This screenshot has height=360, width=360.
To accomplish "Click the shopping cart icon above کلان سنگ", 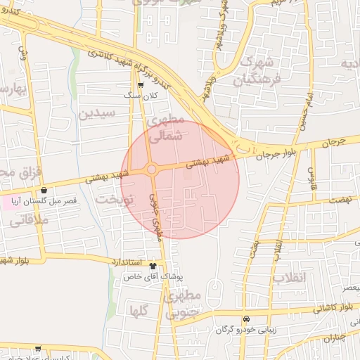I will (x=141, y=84).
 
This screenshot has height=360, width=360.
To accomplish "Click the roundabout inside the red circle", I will (x=151, y=169).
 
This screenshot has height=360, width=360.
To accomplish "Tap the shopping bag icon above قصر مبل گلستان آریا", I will (x=45, y=190).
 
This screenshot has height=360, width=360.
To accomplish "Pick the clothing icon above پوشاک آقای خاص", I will (x=154, y=266).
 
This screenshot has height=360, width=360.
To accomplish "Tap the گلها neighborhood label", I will (x=139, y=310).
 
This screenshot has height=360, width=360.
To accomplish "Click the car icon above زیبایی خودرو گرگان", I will (x=245, y=318).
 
